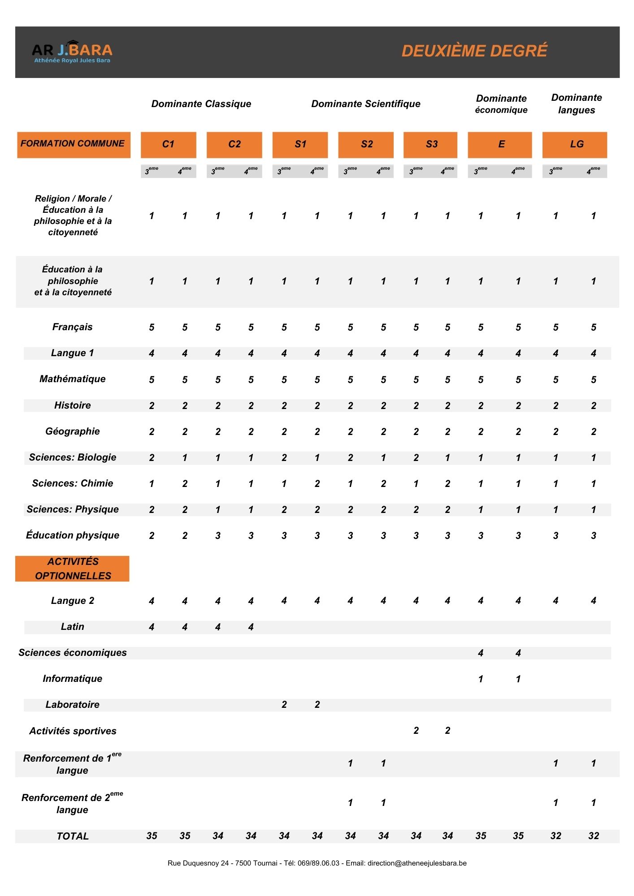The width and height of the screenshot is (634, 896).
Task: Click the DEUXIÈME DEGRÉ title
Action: pyautogui.click(x=474, y=51)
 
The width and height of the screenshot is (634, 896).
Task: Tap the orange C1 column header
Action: pyautogui.click(x=168, y=144)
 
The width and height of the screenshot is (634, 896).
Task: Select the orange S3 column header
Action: pyautogui.click(x=430, y=144)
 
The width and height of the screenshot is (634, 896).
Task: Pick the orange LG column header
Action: pyautogui.click(x=575, y=144)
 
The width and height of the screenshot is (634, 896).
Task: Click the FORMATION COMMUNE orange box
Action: pyautogui.click(x=74, y=144)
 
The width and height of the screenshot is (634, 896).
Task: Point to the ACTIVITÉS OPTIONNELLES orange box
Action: pyautogui.click(x=73, y=569)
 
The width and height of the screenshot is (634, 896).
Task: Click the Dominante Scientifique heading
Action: pyautogui.click(x=366, y=104)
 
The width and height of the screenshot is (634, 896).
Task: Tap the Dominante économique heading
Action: pyautogui.click(x=501, y=104)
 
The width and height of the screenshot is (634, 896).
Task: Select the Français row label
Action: pyautogui.click(x=73, y=327)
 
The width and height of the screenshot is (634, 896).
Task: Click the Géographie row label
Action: pyautogui.click(x=73, y=431)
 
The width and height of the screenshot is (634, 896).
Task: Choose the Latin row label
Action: pyautogui.click(x=73, y=627)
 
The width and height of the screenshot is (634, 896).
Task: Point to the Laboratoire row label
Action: pyautogui.click(x=73, y=705)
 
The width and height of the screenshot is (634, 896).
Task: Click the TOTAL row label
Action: pyautogui.click(x=73, y=836)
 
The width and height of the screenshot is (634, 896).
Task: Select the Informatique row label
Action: pyautogui.click(x=73, y=679)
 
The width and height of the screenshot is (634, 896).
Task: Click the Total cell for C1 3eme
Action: pyautogui.click(x=152, y=836)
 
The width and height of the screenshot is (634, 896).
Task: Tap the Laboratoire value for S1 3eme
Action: pyautogui.click(x=284, y=705)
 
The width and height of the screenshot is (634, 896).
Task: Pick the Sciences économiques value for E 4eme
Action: pyautogui.click(x=518, y=653)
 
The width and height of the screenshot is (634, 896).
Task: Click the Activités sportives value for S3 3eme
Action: pyautogui.click(x=416, y=731)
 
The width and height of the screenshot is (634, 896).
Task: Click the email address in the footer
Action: pyautogui.click(x=417, y=863)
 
